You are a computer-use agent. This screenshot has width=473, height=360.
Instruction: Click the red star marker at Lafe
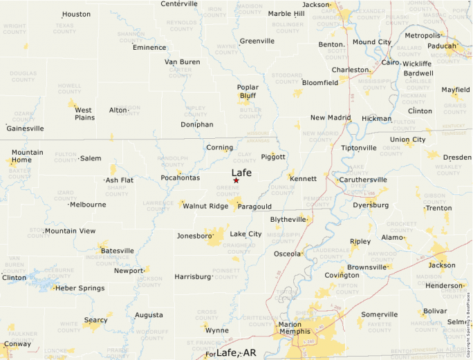(236, 180)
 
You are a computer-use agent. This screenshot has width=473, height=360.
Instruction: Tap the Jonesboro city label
(194, 236)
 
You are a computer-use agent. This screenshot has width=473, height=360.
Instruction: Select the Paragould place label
(254, 206)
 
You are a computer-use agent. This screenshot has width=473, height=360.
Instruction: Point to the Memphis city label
(295, 332)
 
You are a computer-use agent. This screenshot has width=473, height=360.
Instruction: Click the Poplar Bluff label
(247, 92)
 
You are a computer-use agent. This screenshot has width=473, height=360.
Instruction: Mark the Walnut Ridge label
(205, 206)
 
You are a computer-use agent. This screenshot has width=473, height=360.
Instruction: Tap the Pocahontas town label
(180, 178)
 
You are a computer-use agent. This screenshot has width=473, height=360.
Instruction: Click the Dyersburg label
(370, 205)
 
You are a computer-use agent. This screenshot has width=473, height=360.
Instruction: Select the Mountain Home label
(27, 156)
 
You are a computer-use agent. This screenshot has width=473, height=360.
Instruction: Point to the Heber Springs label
(80, 288)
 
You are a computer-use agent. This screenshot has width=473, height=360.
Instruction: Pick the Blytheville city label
(288, 219)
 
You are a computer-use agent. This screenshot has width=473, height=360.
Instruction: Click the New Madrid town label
(331, 117)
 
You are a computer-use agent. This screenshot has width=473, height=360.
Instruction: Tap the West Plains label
(84, 113)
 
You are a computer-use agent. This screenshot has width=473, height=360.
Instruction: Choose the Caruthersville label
(363, 180)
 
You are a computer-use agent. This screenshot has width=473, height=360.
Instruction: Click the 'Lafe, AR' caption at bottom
(236, 352)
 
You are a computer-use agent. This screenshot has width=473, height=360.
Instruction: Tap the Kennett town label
(304, 179)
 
